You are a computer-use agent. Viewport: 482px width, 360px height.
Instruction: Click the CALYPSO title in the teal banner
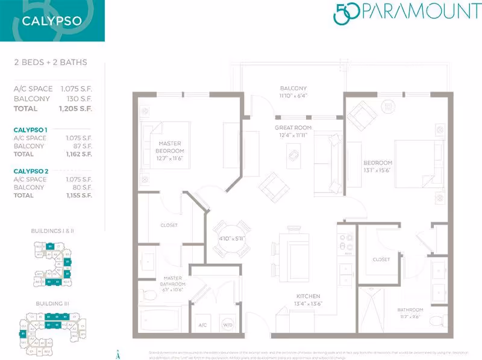point(43,20)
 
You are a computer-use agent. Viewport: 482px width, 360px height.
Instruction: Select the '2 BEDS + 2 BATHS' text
point(50,62)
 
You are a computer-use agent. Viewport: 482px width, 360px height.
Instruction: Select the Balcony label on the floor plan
point(293,92)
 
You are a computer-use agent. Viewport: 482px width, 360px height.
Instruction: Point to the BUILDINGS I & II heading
point(51,231)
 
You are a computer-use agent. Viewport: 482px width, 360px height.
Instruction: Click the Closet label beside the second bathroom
point(381,259)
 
